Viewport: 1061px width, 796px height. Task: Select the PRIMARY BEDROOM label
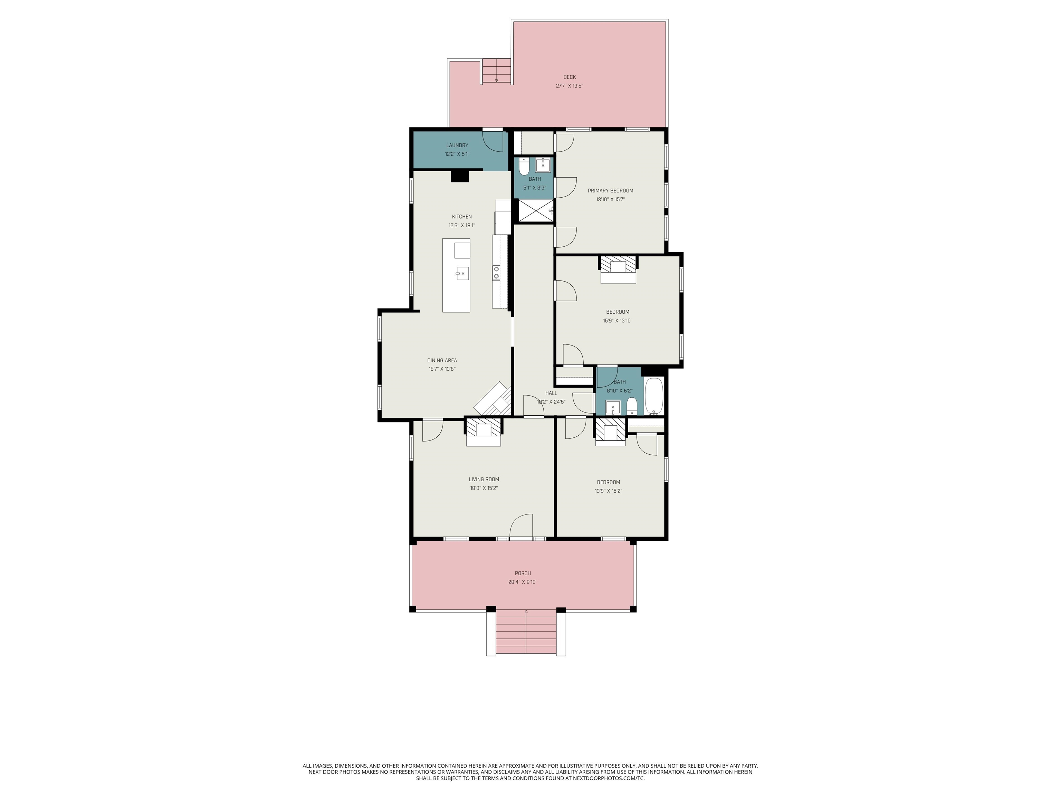point(610,190)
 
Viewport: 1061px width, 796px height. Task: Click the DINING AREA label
point(442,360)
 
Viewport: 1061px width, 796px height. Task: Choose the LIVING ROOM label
point(484,479)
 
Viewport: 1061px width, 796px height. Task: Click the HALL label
point(551,393)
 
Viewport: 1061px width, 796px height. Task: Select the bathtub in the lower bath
point(654,396)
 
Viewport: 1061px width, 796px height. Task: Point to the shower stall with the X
point(536,211)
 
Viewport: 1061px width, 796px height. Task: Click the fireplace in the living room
point(484,432)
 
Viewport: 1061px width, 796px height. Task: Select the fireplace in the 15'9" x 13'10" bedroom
point(618,269)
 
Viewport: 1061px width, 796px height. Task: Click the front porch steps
point(526,632)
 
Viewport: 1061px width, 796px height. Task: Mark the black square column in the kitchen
point(459,176)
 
